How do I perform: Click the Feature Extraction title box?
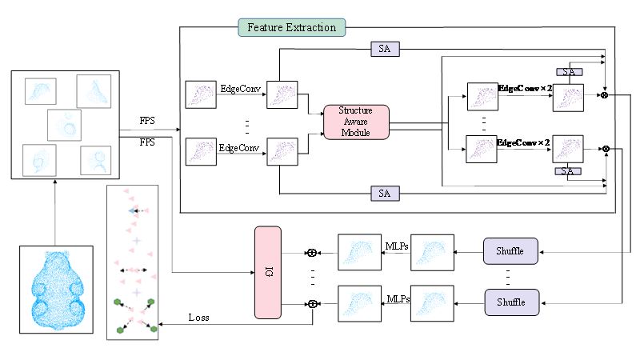tap(292, 28)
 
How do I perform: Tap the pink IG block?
tap(268, 273)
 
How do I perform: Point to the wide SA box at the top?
tap(384, 50)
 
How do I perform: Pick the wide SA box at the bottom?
tap(384, 194)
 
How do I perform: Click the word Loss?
tap(200, 318)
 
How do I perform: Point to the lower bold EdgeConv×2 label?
tap(524, 142)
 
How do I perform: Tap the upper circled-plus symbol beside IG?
tap(313, 253)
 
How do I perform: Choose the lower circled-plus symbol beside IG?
tap(313, 304)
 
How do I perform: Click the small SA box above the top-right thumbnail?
tap(569, 71)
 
